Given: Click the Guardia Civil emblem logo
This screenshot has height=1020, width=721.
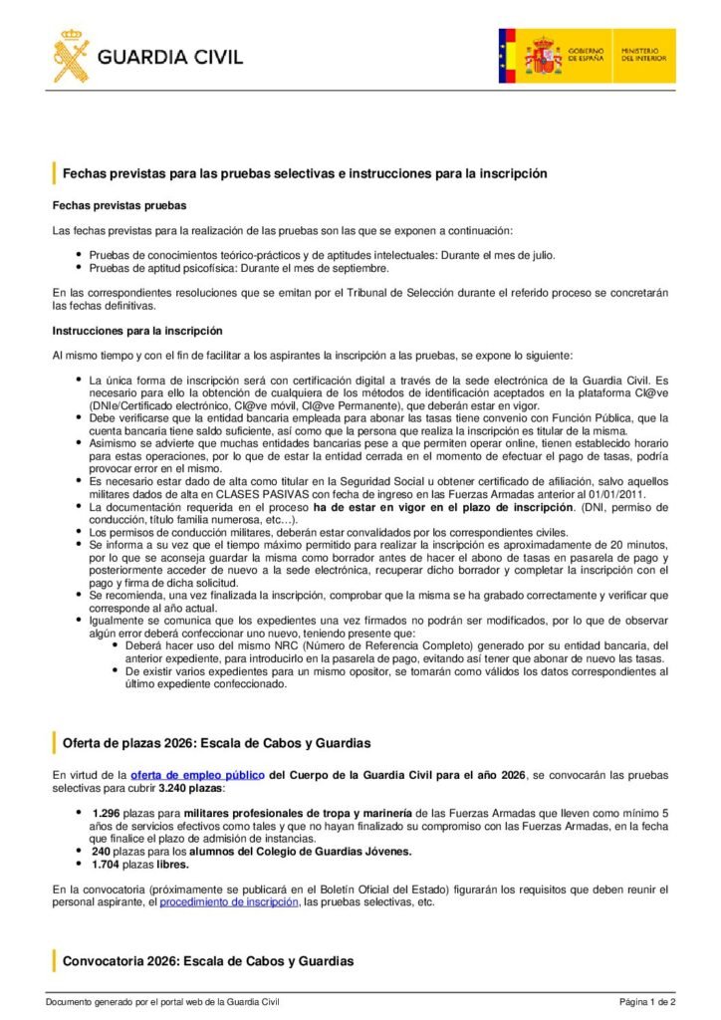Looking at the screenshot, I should (71, 56).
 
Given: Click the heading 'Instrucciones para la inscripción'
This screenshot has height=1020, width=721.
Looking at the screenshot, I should (137, 331).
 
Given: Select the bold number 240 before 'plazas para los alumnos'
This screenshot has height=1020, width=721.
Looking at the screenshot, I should (101, 851).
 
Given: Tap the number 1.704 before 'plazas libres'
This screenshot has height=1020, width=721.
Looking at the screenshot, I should (106, 865).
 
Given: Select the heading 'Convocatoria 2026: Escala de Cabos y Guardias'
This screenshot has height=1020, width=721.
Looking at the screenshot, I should (208, 961).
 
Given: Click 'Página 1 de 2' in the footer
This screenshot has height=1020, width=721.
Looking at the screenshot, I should (647, 1002).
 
